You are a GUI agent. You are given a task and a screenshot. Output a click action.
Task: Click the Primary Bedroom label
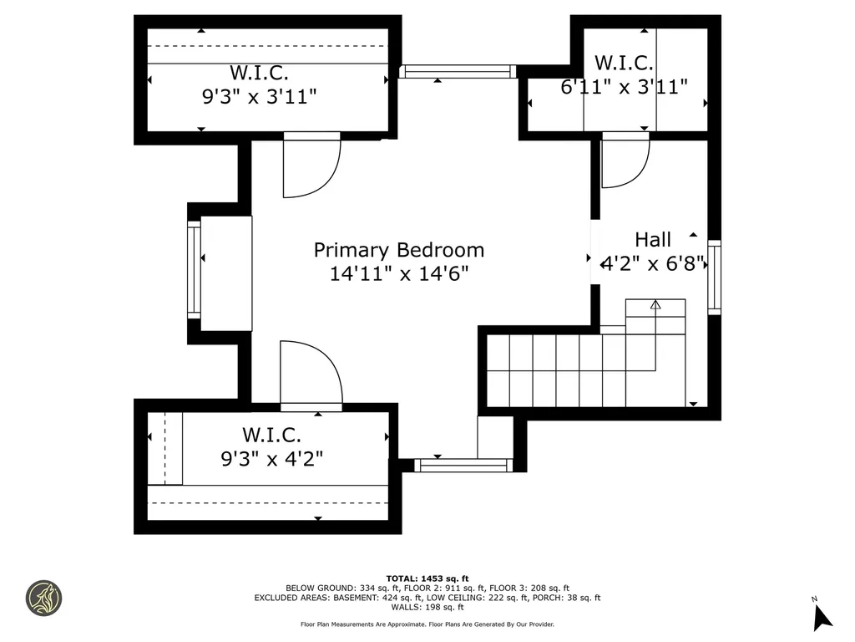point(398,250)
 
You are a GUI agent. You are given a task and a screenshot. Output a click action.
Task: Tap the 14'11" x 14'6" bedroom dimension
point(398,273)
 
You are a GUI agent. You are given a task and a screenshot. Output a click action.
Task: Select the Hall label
point(653,240)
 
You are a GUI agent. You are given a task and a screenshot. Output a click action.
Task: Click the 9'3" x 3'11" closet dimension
point(259,97)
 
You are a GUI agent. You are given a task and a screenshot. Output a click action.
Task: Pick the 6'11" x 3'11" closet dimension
point(624,87)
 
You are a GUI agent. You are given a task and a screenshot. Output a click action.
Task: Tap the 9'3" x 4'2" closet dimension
point(271,459)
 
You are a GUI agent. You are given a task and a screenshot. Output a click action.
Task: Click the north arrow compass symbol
point(822,616)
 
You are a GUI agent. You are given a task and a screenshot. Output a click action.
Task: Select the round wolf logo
point(43,598)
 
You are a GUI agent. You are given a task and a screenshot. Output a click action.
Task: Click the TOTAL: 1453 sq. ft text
point(427,578)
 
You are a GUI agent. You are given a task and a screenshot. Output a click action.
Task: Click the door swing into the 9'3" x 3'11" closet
point(312,165)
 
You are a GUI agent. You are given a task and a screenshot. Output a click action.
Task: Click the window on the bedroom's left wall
point(194,270)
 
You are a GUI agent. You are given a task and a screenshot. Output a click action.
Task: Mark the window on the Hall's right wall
point(715,278)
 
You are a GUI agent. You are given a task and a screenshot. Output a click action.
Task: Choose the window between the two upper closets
point(458,72)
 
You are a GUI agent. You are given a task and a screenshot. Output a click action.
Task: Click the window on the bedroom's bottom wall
point(463,465)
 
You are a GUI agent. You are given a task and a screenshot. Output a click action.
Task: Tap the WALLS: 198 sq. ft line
point(427,607)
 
